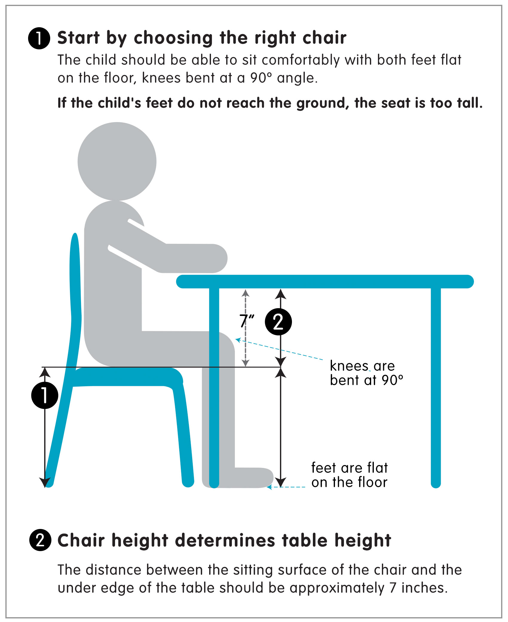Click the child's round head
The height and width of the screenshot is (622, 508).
coord(117,161)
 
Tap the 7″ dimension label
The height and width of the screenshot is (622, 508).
coord(247,321)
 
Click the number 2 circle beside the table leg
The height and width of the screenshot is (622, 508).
coord(278,322)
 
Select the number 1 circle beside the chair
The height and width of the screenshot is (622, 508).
coord(45,395)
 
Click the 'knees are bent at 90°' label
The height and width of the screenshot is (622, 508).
coord(366,373)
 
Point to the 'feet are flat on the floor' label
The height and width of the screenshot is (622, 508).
coord(349,475)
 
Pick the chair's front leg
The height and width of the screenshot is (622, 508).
coord(184,434)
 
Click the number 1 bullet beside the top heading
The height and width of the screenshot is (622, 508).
coord(39,38)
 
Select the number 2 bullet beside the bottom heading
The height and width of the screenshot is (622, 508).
coord(40,540)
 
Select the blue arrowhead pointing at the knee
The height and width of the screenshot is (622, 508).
coord(238,340)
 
